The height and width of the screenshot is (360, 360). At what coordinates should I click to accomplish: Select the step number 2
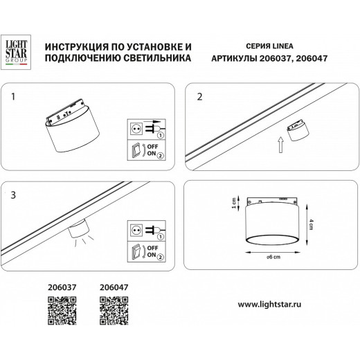tap(200, 98)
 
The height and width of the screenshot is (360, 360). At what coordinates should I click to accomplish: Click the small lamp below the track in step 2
tap(298, 130)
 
